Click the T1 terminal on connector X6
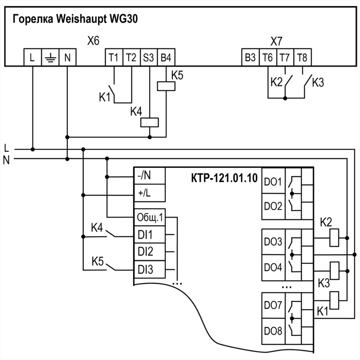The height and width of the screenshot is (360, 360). (x=114, y=57)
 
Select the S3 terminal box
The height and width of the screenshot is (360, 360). (x=149, y=57)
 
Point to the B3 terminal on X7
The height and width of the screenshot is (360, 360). (x=250, y=57)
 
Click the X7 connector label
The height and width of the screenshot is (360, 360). (x=276, y=41)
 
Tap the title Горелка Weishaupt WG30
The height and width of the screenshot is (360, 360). (x=75, y=19)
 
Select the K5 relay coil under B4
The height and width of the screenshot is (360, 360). (x=166, y=86)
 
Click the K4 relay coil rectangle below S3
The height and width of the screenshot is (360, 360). (x=149, y=122)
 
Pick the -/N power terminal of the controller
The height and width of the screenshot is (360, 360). (x=149, y=175)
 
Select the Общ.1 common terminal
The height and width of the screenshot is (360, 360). (x=149, y=218)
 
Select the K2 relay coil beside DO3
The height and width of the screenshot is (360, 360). (x=334, y=238)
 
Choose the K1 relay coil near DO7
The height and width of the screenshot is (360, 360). (x=334, y=300)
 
